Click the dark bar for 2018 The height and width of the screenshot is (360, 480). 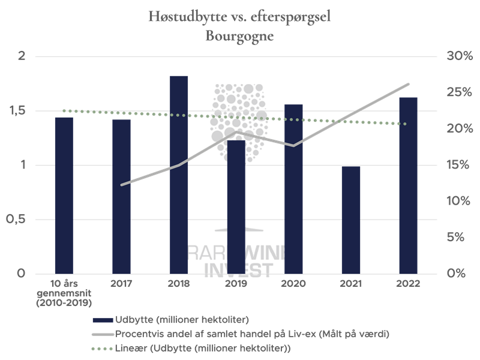(179, 174)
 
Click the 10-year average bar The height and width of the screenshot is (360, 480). (64, 195)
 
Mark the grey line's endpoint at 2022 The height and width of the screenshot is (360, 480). (409, 84)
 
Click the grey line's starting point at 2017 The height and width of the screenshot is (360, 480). (122, 185)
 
